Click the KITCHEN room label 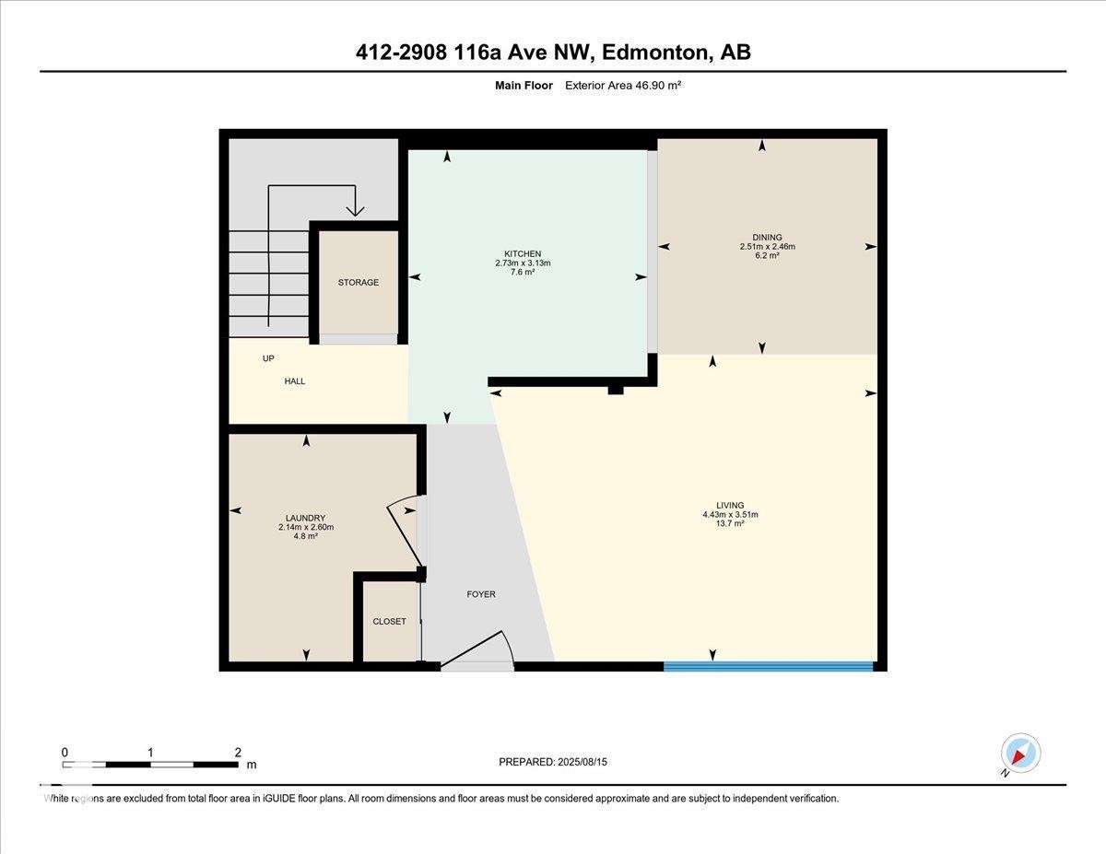tap(523, 254)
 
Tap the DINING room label tap(767, 237)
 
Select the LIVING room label tap(730, 505)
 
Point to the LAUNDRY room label tap(305, 518)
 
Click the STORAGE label tap(359, 282)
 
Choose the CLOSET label tap(389, 622)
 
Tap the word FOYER tap(481, 594)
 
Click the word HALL tap(295, 381)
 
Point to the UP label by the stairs tap(268, 358)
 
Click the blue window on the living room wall tap(769, 666)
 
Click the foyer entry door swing tap(477, 647)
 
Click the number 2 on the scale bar tap(238, 753)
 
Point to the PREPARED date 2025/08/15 tap(582, 762)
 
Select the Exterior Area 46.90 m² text tap(623, 86)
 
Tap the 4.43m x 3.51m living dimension tap(730, 514)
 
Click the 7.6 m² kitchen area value tap(523, 272)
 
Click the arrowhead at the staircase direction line tap(355, 211)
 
